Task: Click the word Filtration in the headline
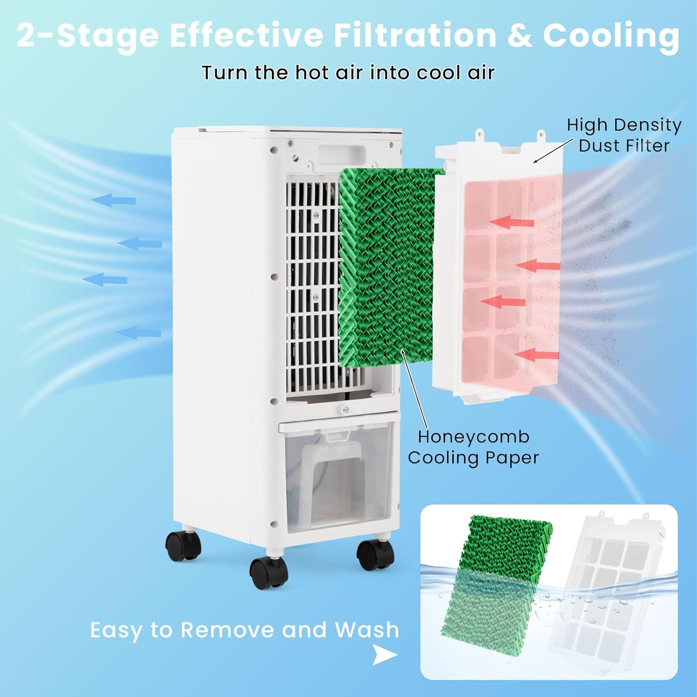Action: pos(415,35)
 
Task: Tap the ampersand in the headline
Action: pos(519,36)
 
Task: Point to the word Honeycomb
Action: pos(473,437)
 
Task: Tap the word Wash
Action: pos(367,630)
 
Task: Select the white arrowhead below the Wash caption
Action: pos(385,655)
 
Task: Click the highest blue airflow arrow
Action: pos(113,200)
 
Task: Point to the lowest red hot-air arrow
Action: pos(537,355)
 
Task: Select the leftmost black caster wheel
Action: pos(184,545)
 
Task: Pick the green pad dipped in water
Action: pos(496,584)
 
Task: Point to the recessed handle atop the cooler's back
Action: pos(341,154)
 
